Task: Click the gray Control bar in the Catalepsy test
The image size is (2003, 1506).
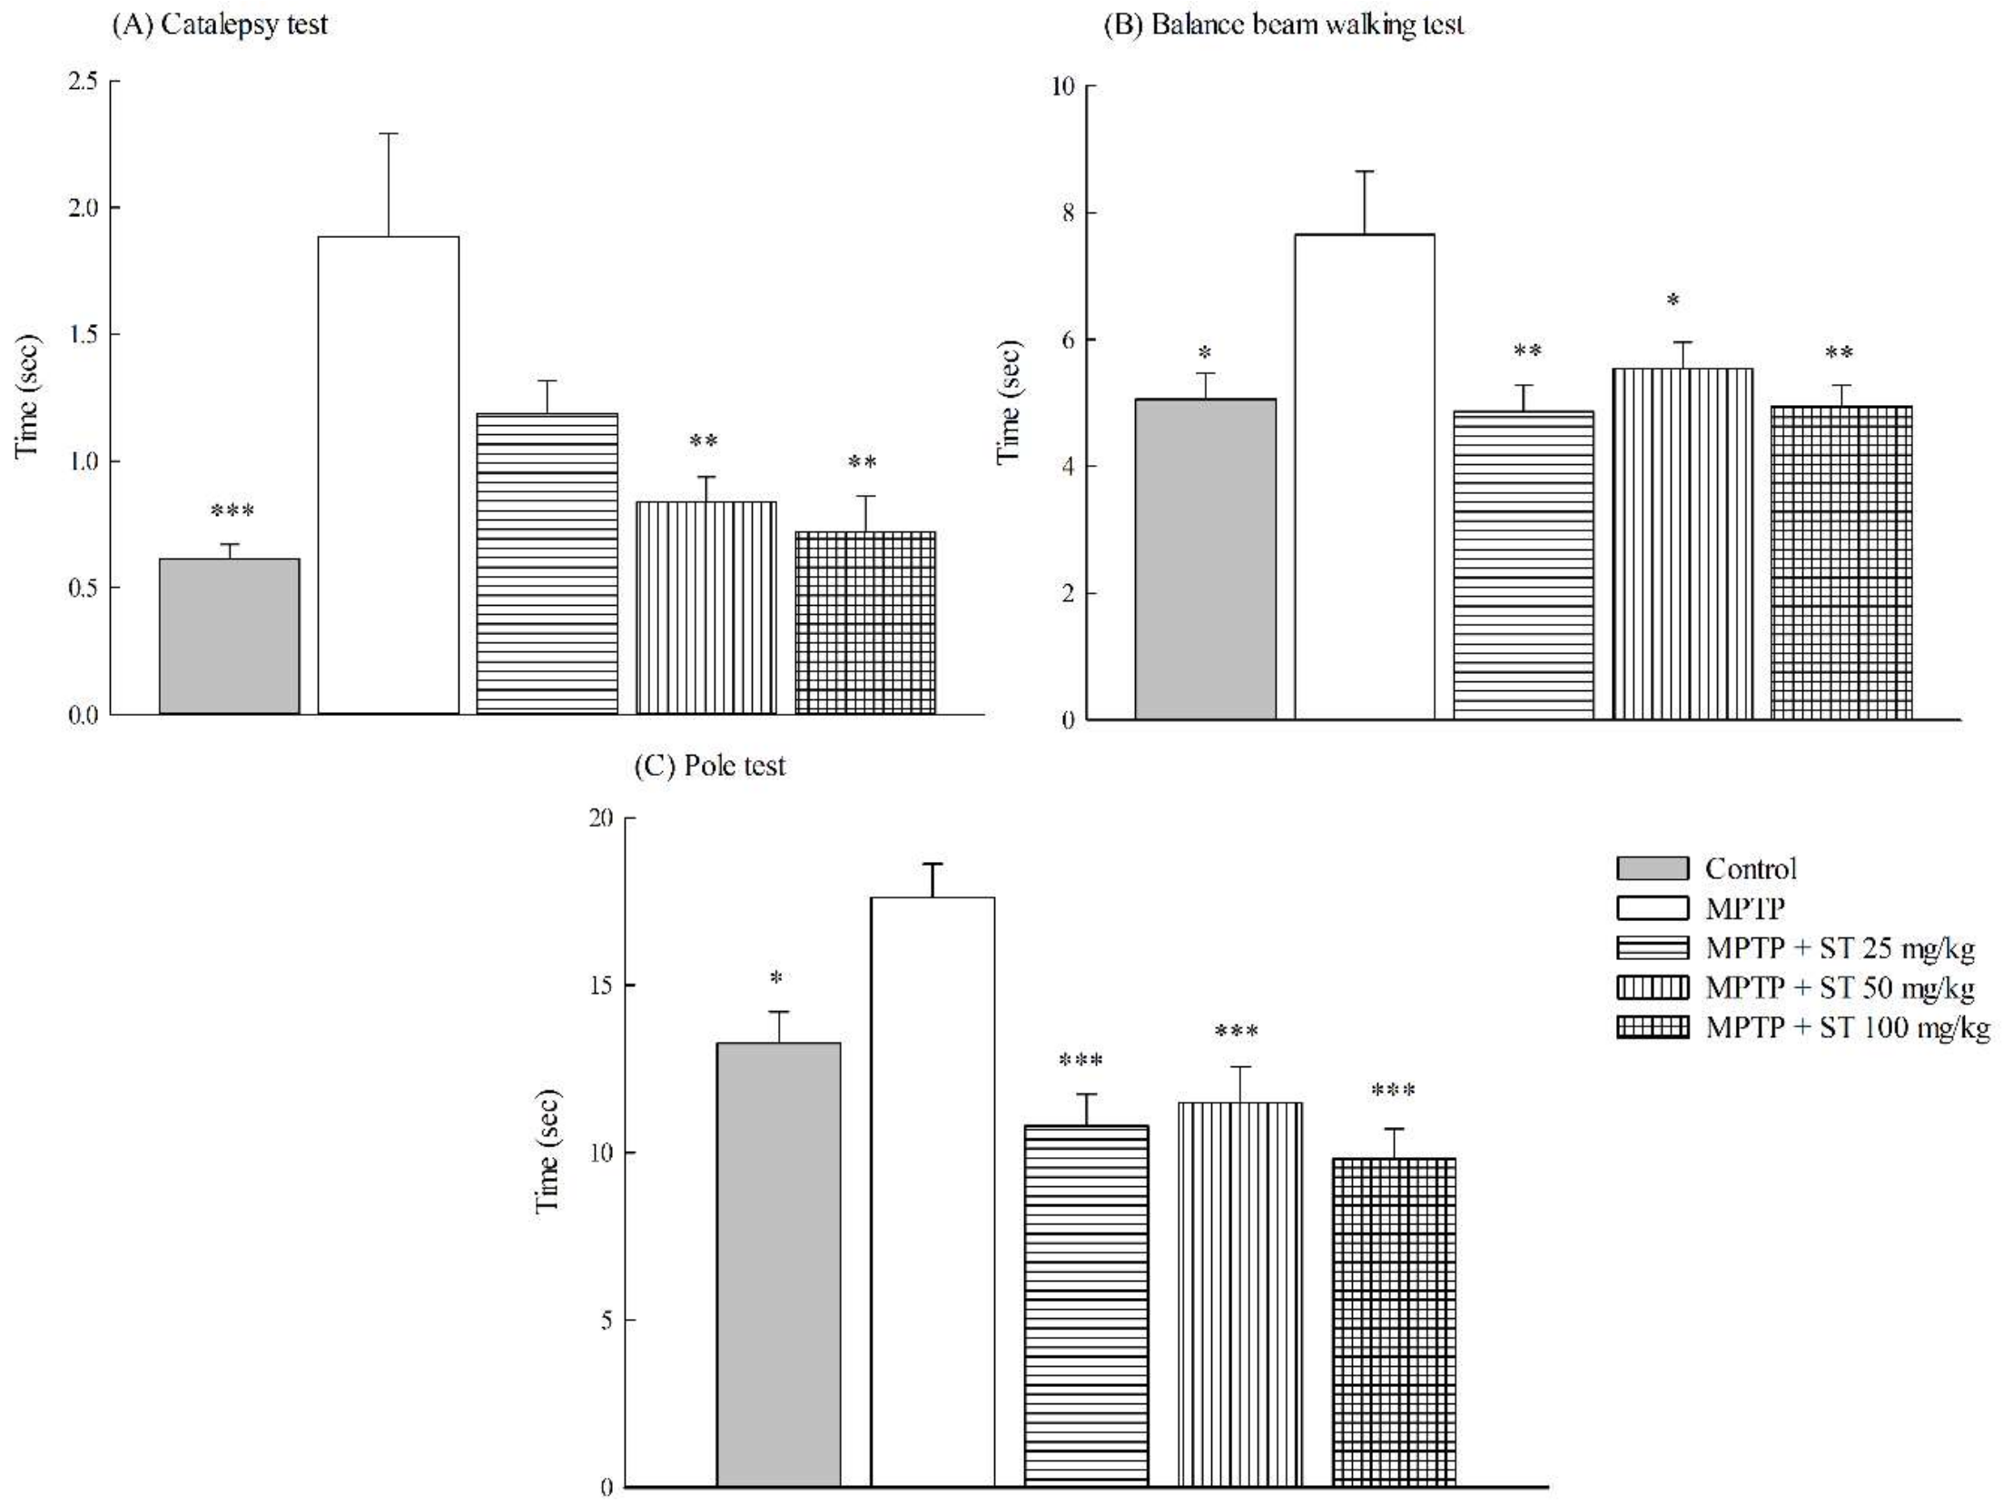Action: click(x=229, y=636)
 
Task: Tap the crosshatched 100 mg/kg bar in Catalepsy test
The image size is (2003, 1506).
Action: click(x=864, y=623)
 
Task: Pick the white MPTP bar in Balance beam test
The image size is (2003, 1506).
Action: click(x=1364, y=477)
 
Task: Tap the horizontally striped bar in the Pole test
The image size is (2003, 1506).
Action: click(x=1086, y=1308)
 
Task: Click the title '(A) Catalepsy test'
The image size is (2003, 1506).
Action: click(x=219, y=25)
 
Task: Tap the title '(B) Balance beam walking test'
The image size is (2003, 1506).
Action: click(x=1282, y=25)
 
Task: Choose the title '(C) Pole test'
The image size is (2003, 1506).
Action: click(x=709, y=766)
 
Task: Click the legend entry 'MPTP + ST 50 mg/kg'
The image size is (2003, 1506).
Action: click(x=1840, y=987)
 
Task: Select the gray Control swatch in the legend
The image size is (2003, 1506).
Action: click(x=1653, y=868)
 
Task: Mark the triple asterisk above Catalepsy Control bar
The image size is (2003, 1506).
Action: click(x=232, y=511)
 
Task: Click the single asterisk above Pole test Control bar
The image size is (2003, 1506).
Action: click(x=776, y=978)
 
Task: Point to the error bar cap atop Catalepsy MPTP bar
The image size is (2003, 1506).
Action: click(x=389, y=134)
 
